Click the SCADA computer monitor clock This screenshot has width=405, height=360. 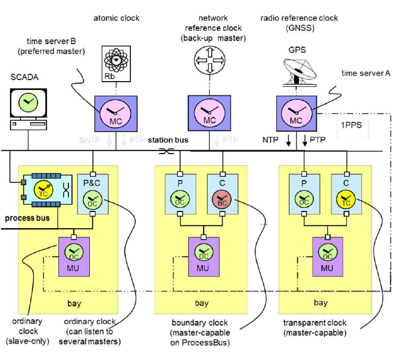(28, 102)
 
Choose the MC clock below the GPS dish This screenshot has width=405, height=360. (296, 113)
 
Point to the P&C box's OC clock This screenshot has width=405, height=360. (93, 198)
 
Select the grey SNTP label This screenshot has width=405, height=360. (93, 138)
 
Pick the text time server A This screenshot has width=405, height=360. (366, 73)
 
